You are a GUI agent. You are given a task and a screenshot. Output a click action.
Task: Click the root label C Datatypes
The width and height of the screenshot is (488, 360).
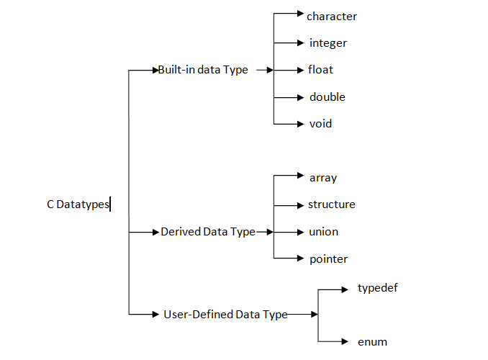pos(78,204)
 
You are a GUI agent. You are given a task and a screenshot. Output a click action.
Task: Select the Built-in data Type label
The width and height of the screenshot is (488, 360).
pos(202,70)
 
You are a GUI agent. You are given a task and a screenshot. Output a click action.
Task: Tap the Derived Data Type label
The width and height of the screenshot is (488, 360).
pos(207,232)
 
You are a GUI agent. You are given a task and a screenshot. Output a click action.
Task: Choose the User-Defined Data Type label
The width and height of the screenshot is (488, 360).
pos(225,314)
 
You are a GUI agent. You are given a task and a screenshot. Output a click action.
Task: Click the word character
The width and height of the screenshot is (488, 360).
pos(331,16)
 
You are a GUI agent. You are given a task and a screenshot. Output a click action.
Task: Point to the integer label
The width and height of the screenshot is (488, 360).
pos(328,43)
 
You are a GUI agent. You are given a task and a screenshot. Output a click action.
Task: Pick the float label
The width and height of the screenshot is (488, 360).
pos(321,70)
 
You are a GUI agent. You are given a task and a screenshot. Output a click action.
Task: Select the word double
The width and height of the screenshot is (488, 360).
pos(327,96)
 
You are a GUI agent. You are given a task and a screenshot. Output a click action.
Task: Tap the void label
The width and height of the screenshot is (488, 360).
pos(320,124)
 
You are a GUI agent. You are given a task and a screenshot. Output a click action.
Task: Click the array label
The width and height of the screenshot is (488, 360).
pos(323,177)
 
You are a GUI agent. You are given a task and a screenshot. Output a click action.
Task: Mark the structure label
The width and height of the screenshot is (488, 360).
pos(331,204)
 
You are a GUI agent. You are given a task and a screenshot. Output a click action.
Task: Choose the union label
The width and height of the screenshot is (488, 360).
pos(323,232)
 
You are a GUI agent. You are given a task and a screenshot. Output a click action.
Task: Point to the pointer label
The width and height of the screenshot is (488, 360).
pos(328,258)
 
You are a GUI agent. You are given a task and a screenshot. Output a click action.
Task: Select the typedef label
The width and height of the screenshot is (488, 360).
pos(378,288)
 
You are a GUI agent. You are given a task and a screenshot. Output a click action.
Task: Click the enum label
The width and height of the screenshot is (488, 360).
pos(372,341)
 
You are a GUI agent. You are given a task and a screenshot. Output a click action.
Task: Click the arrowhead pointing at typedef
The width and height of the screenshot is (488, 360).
pos(344,289)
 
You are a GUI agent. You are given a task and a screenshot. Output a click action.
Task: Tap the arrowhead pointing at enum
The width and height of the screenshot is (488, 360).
pos(344,341)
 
